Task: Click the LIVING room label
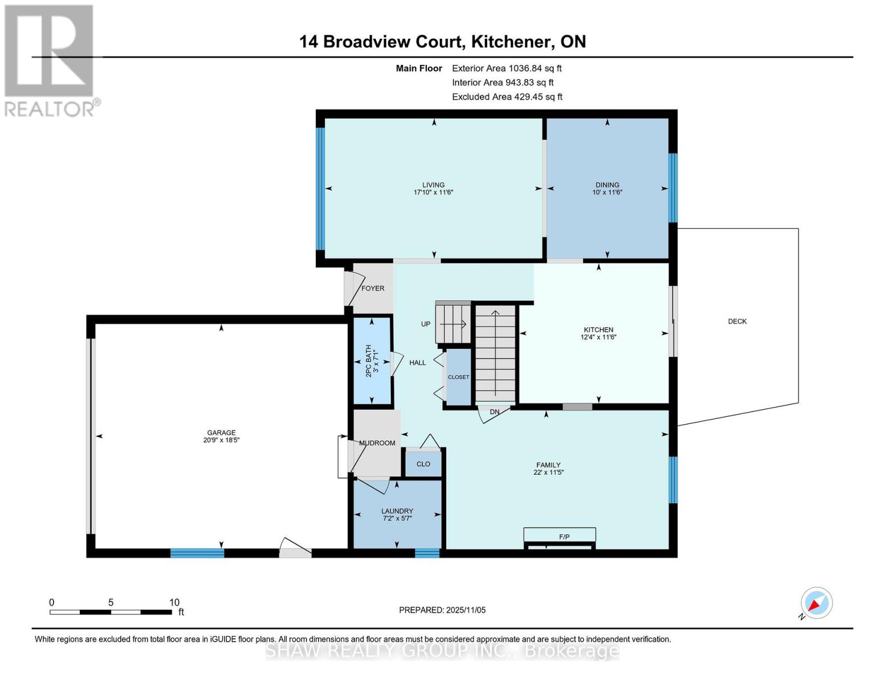433,185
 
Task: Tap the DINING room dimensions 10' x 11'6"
607,193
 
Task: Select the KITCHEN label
598,329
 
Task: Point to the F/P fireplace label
564,537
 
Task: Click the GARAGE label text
221,433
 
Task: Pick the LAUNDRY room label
397,511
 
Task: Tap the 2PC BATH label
368,360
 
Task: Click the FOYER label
373,288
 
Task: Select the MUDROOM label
377,443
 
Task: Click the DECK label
737,321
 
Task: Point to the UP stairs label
425,324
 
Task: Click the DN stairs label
494,412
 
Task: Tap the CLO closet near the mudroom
423,464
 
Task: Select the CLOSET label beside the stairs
458,377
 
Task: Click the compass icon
816,603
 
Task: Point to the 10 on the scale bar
174,602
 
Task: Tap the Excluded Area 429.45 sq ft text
507,97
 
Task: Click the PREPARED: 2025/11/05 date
442,610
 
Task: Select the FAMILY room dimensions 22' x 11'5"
548,473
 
